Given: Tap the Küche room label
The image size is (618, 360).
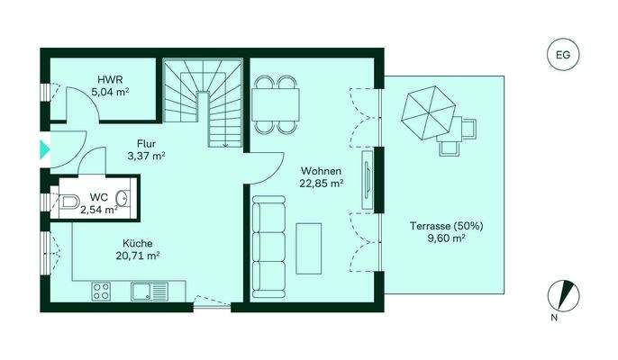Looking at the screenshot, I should coord(138,243).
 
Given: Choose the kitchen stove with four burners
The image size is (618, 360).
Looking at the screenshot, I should coord(100,291).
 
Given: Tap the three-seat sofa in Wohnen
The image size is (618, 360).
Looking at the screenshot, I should coord(267,246).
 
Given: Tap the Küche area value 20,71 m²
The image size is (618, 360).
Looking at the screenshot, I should coord(138,256).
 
